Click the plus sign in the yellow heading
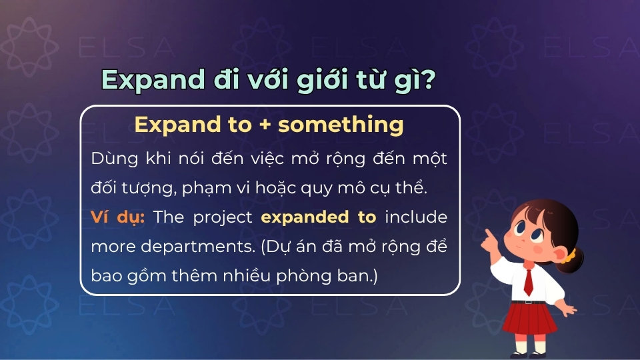265,125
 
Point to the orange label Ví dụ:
117,217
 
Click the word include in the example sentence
417,217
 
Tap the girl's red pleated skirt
531,318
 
